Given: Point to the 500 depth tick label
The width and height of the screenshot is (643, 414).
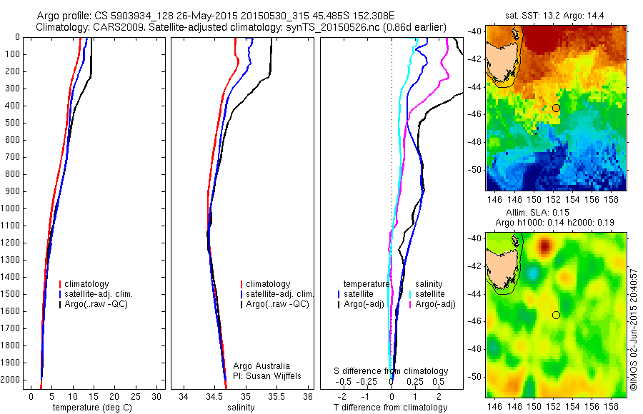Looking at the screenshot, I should click(x=12, y=123).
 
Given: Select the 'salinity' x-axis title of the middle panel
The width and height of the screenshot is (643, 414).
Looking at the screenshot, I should click(x=239, y=408).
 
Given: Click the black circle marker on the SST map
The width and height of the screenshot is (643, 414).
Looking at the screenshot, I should click(x=556, y=108).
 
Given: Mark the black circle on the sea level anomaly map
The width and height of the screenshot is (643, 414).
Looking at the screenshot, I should click(x=556, y=315).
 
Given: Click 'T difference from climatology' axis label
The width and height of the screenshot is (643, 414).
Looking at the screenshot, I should click(x=392, y=408).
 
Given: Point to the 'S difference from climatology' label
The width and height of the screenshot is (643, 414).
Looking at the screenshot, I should click(x=392, y=371).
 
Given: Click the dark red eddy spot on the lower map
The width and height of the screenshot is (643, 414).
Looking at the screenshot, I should click(x=545, y=247).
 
